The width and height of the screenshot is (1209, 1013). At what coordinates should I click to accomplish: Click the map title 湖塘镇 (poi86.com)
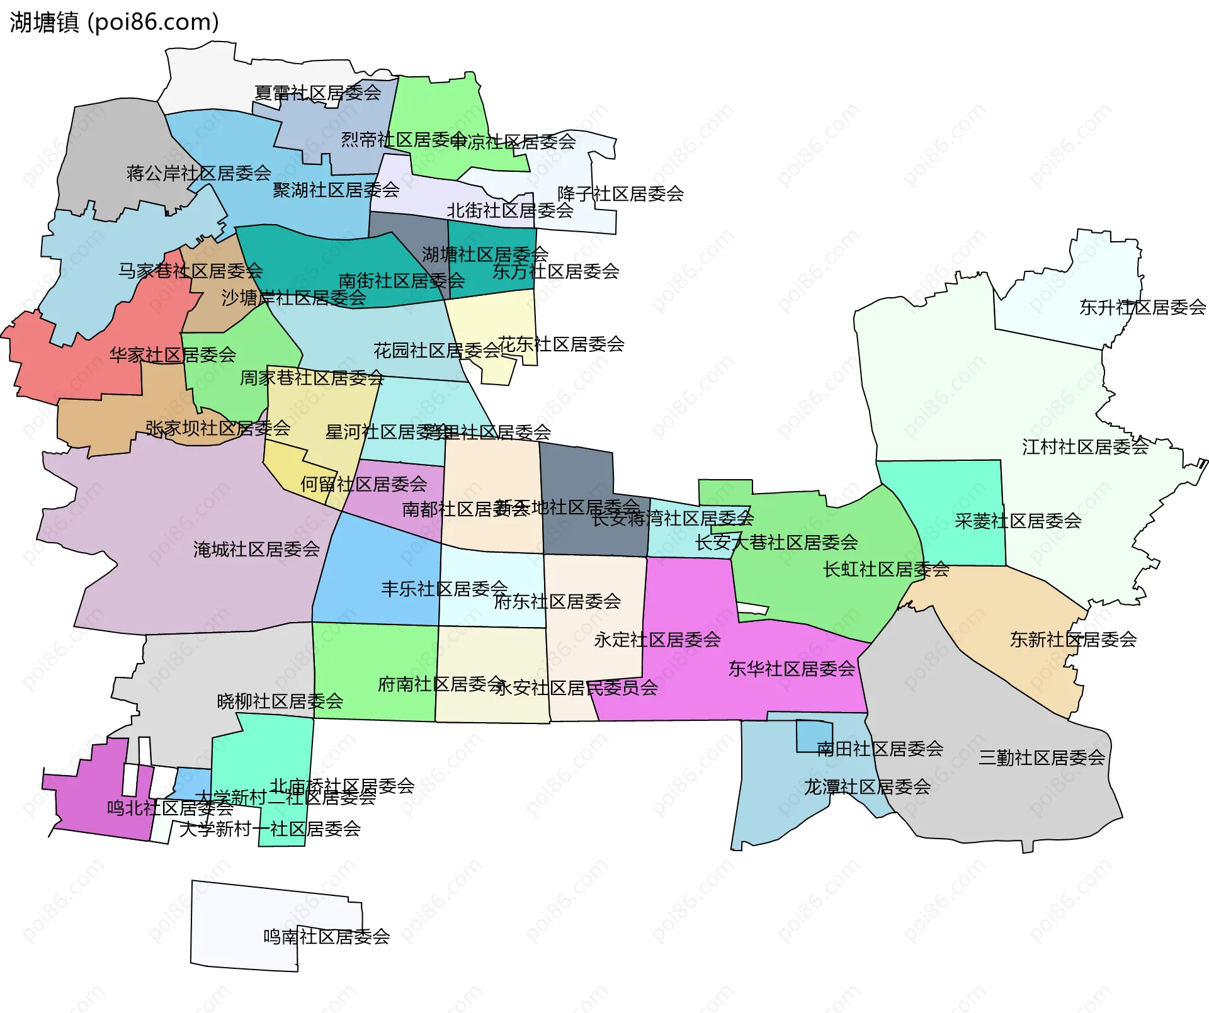tap(114, 22)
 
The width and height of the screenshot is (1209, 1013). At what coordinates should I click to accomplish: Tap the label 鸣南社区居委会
tap(326, 937)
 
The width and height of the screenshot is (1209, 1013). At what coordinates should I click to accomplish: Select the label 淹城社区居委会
tap(256, 550)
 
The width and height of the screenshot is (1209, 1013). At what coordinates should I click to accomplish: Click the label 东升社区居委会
tap(1142, 307)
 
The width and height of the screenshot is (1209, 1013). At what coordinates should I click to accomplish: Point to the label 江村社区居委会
tap(1085, 447)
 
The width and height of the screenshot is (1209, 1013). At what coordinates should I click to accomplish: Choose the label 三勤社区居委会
tap(1042, 757)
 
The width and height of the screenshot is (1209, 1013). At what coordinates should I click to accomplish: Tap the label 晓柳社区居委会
tap(280, 701)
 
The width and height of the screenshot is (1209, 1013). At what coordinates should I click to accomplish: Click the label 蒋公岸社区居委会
tap(198, 173)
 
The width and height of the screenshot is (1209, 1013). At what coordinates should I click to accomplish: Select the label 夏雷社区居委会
tap(317, 93)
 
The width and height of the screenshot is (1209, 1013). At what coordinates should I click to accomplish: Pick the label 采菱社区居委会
tap(1018, 521)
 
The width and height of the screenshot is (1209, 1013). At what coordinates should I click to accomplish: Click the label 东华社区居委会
tap(792, 669)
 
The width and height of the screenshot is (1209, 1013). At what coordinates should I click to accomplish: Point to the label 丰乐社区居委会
tap(444, 589)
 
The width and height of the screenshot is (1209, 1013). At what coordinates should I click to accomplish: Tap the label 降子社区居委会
tap(620, 194)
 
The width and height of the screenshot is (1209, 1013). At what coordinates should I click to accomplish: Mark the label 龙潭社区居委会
tap(867, 787)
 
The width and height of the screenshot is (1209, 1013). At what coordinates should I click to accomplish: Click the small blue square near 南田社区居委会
tap(814, 736)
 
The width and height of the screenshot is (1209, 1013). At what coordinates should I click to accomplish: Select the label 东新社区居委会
tap(1073, 640)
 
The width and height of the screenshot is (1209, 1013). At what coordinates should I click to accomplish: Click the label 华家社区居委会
tap(173, 355)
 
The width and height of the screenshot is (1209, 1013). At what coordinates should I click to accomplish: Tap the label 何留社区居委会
tap(363, 484)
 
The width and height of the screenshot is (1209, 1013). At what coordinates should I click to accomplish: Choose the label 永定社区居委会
tap(657, 640)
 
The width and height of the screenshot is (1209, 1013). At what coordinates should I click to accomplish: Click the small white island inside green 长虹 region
tap(753, 609)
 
